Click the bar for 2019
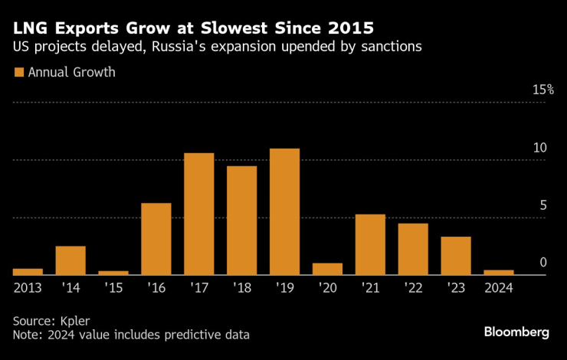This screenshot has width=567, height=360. [284, 211]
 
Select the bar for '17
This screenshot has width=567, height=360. [199, 214]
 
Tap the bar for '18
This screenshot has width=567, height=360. [241, 220]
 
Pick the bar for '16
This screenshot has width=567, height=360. [156, 238]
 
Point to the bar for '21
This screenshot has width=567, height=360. [370, 244]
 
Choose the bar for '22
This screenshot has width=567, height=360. [413, 249]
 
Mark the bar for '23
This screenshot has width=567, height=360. [456, 255]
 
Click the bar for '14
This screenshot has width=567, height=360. [70, 260]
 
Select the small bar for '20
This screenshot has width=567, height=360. [327, 269]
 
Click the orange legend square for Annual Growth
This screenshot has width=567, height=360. [18, 73]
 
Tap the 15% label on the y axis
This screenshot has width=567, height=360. [543, 90]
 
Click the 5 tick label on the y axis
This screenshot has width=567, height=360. [543, 205]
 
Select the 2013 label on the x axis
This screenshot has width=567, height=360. [28, 288]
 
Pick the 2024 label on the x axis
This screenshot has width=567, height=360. [499, 288]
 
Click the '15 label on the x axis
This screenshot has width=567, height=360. [113, 288]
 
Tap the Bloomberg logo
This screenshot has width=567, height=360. [516, 332]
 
